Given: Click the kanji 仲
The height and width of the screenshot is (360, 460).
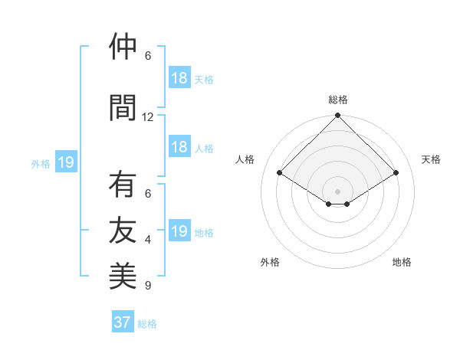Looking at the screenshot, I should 123,47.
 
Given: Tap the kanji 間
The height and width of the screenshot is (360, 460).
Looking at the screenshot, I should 123,106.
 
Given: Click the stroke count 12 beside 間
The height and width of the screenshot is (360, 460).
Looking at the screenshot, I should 148,117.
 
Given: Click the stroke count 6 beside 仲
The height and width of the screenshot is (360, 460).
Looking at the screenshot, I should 148,56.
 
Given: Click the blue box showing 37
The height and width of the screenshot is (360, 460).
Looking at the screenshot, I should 123,322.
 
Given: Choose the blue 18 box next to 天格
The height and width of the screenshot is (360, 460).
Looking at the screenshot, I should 179,77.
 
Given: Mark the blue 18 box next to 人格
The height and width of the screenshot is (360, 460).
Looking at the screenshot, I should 179,147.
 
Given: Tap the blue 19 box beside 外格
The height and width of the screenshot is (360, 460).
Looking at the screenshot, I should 65,162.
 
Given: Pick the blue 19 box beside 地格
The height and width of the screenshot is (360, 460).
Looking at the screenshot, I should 179,231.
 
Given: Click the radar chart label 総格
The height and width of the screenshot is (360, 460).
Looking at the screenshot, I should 338,100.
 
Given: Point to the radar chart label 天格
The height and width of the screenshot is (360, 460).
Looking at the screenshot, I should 432,159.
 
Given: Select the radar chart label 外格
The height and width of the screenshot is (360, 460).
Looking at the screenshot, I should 270,262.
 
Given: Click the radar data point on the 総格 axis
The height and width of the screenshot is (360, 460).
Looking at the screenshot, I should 337,116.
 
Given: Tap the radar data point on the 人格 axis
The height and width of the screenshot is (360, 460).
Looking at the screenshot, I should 280,173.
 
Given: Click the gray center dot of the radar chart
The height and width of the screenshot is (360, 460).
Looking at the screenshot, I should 337,190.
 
